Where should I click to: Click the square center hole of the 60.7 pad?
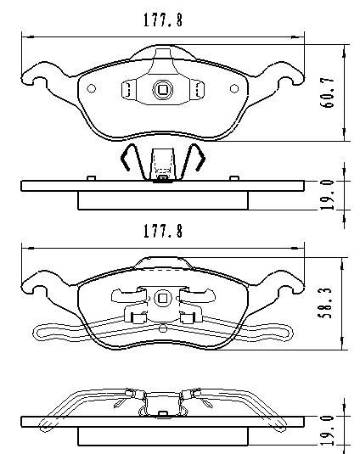tap(161, 87)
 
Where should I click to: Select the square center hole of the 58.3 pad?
tap(161, 298)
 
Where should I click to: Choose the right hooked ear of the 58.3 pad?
tap(290, 289)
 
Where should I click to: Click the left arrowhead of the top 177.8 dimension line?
tap(24, 36)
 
